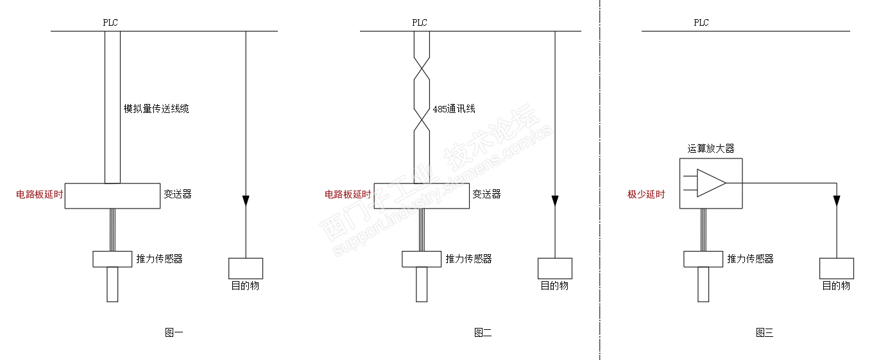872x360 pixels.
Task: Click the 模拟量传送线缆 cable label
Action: [x=156, y=109]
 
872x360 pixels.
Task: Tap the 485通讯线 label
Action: [x=454, y=109]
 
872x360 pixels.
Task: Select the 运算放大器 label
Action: [x=711, y=149]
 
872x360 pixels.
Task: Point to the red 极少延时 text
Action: [x=646, y=195]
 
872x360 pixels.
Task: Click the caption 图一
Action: [x=174, y=332]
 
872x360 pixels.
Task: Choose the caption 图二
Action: [x=483, y=332]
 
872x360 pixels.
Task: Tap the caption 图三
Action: [x=764, y=332]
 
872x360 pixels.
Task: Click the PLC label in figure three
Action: [x=701, y=22]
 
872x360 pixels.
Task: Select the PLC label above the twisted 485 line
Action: [x=420, y=22]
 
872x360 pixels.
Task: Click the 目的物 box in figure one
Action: [x=246, y=268]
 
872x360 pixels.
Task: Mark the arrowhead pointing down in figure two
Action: [x=555, y=201]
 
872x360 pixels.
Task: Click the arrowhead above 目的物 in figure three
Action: [x=837, y=201]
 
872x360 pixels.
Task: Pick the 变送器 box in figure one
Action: [x=112, y=196]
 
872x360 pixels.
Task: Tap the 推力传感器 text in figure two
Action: [x=468, y=259]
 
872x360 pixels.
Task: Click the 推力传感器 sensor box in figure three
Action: [x=703, y=259]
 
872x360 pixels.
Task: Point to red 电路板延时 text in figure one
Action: [x=40, y=194]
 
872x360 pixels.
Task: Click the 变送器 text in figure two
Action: [x=486, y=194]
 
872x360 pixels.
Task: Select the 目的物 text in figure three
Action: [x=836, y=286]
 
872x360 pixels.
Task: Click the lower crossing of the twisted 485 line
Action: [x=421, y=119]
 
